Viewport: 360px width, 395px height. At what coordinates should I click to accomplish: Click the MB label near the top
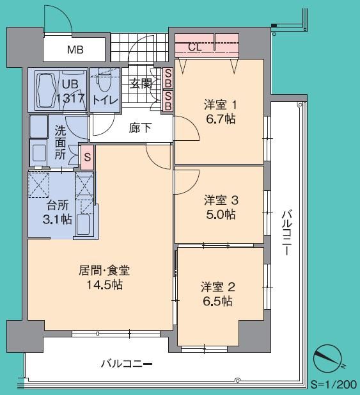coord(76,49)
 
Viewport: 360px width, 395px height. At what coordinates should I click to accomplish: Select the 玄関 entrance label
coord(140,83)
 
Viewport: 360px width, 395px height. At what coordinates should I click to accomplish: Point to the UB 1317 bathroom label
coord(70,90)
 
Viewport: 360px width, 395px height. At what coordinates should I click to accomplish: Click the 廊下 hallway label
coord(140,127)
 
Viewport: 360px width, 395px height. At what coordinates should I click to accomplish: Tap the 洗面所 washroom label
coord(60,141)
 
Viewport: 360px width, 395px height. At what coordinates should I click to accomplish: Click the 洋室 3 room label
coord(221,199)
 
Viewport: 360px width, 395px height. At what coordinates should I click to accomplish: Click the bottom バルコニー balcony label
coord(127,364)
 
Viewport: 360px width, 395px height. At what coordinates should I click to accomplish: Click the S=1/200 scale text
coord(333,385)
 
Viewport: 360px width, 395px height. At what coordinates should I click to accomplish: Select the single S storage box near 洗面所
coord(86,156)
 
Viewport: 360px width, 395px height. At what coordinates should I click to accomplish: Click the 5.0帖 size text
coord(221,214)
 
